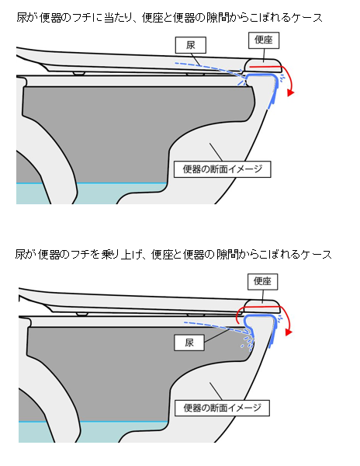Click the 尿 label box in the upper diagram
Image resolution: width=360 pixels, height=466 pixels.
click(x=191, y=45)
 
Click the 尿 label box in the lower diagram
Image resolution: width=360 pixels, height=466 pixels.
click(x=189, y=343)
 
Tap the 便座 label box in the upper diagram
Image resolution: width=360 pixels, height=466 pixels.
click(x=264, y=40)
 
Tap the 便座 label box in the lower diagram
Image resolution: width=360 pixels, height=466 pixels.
click(x=263, y=281)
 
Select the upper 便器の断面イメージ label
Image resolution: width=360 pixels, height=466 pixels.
click(x=223, y=169)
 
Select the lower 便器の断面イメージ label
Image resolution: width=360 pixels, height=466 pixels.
click(x=223, y=408)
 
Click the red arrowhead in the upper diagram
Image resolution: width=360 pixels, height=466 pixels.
click(x=290, y=93)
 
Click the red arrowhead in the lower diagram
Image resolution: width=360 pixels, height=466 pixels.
click(x=289, y=332)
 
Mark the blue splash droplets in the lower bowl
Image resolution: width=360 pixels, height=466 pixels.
click(x=247, y=342)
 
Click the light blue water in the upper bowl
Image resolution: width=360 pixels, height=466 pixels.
click(x=89, y=193)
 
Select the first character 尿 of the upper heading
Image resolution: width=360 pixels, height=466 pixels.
click(x=22, y=18)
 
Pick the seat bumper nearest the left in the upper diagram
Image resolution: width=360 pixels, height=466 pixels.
click(x=79, y=73)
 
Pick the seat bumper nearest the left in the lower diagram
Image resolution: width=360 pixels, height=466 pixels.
click(x=82, y=314)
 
